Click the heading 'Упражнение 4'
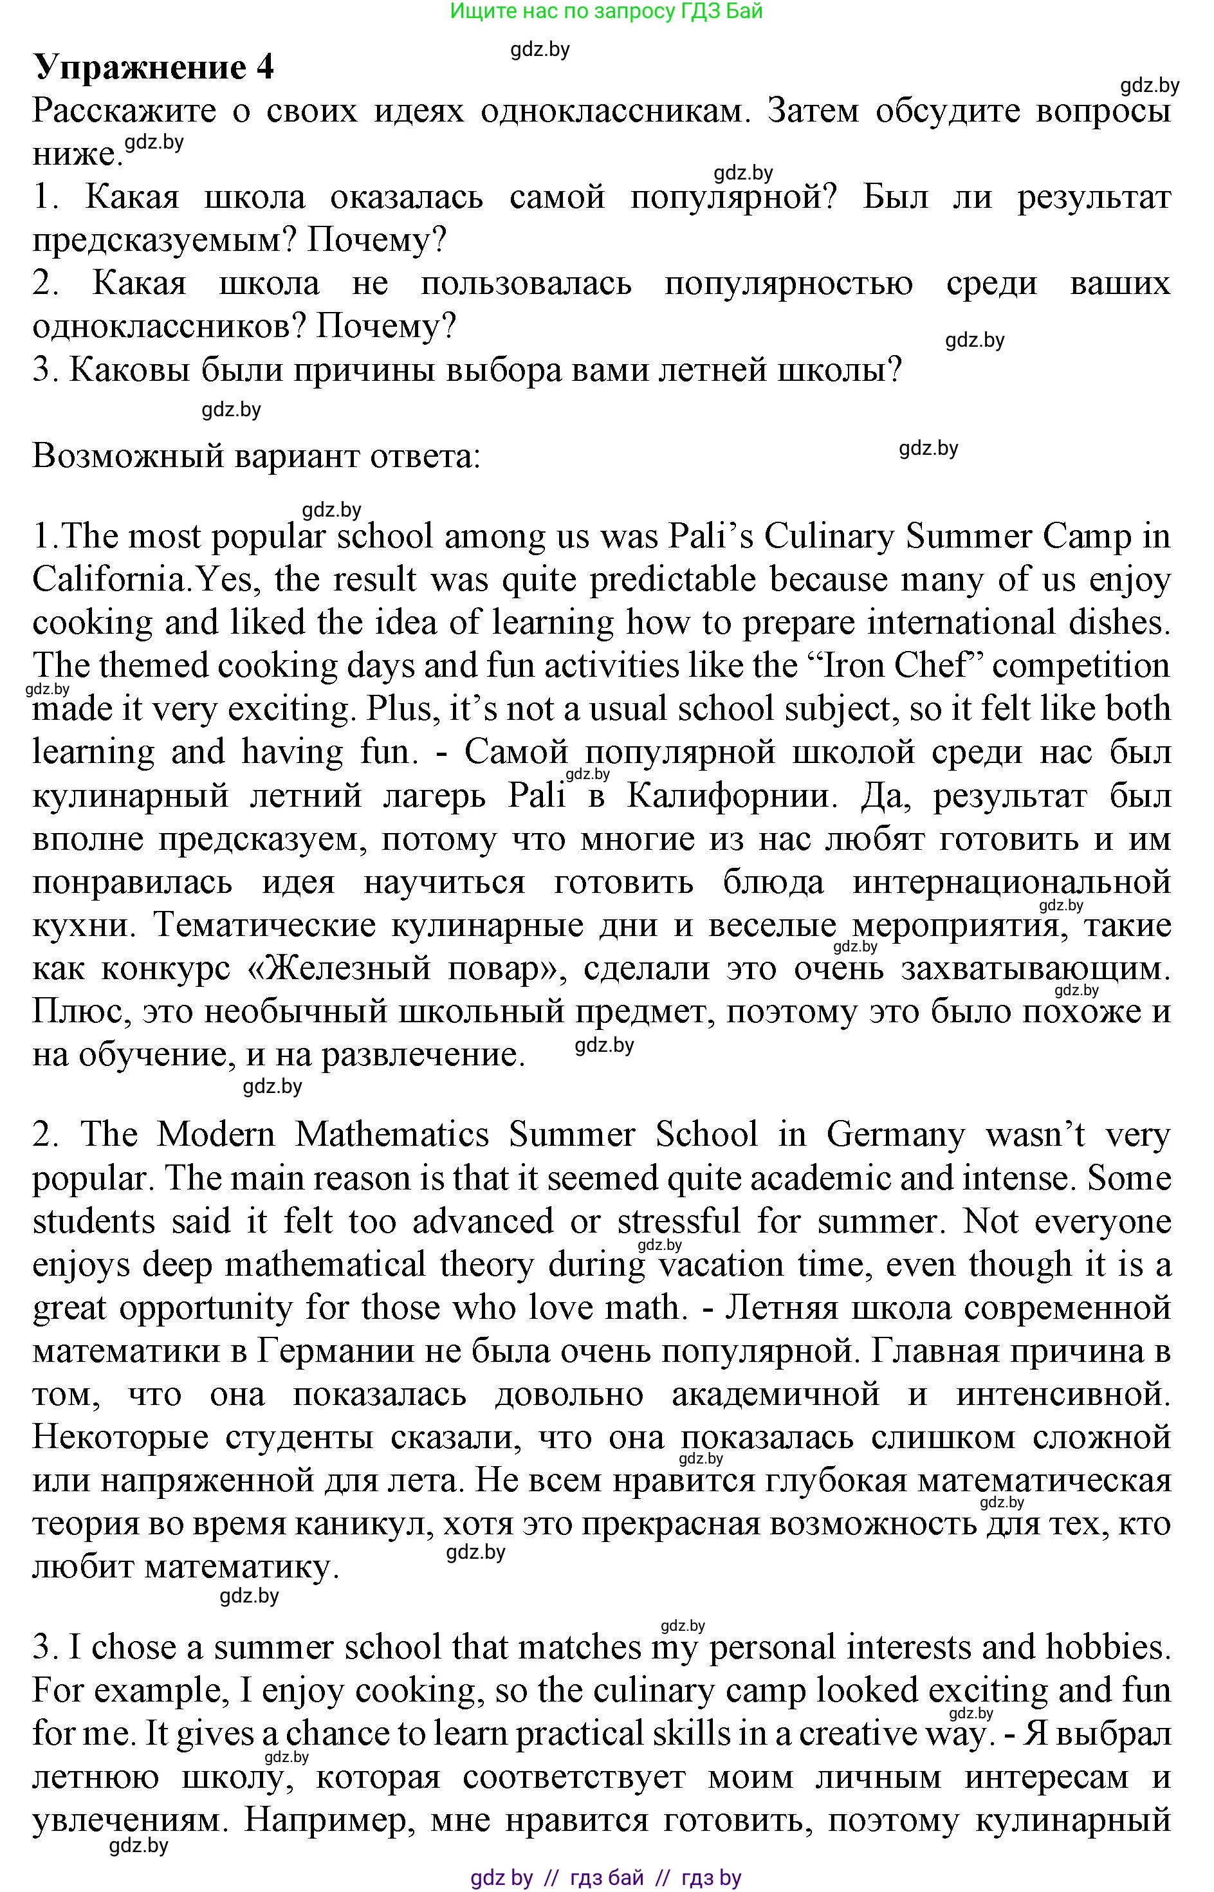pyautogui.click(x=153, y=68)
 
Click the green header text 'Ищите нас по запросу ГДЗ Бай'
pyautogui.click(x=605, y=11)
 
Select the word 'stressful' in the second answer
pyautogui.click(x=679, y=1222)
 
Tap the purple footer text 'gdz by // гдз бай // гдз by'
pyautogui.click(x=605, y=1878)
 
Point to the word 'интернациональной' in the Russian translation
pyautogui.click(x=1011, y=883)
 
